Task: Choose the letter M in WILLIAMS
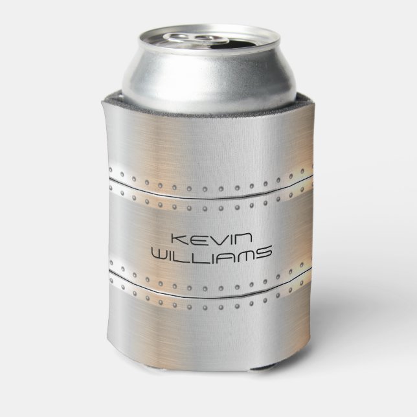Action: click(x=244, y=252)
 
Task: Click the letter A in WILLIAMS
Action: click(x=224, y=252)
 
